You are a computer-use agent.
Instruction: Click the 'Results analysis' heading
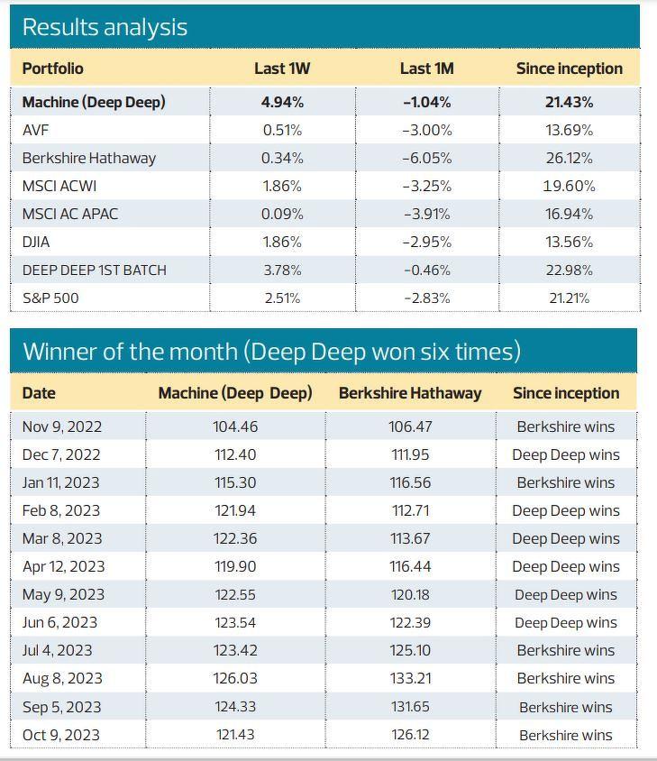pos(105,27)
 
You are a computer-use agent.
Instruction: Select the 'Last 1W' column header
pos(282,69)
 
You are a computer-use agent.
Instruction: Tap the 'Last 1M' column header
pos(426,69)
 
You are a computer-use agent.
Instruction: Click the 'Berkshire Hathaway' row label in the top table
pos(88,158)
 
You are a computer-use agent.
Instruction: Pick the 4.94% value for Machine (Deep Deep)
pos(282,102)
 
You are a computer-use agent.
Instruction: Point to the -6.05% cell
pos(426,158)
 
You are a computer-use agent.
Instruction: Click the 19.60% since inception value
pos(569,186)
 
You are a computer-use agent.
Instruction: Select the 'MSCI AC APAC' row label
pos(69,214)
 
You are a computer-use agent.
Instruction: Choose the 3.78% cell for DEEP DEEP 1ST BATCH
pos(282,270)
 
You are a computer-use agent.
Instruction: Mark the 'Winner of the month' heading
pos(271,351)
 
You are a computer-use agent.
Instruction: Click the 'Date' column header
pos(39,393)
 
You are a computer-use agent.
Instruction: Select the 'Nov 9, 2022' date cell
pos(61,426)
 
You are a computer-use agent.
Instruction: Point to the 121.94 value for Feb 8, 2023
pos(235,510)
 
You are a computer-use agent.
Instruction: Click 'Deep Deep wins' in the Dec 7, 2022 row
pos(565,454)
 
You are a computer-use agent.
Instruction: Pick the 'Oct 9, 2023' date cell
pos(60,735)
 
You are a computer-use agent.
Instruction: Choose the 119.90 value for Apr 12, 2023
pos(235,566)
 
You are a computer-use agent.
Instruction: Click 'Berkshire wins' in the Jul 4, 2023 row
pos(565,650)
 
